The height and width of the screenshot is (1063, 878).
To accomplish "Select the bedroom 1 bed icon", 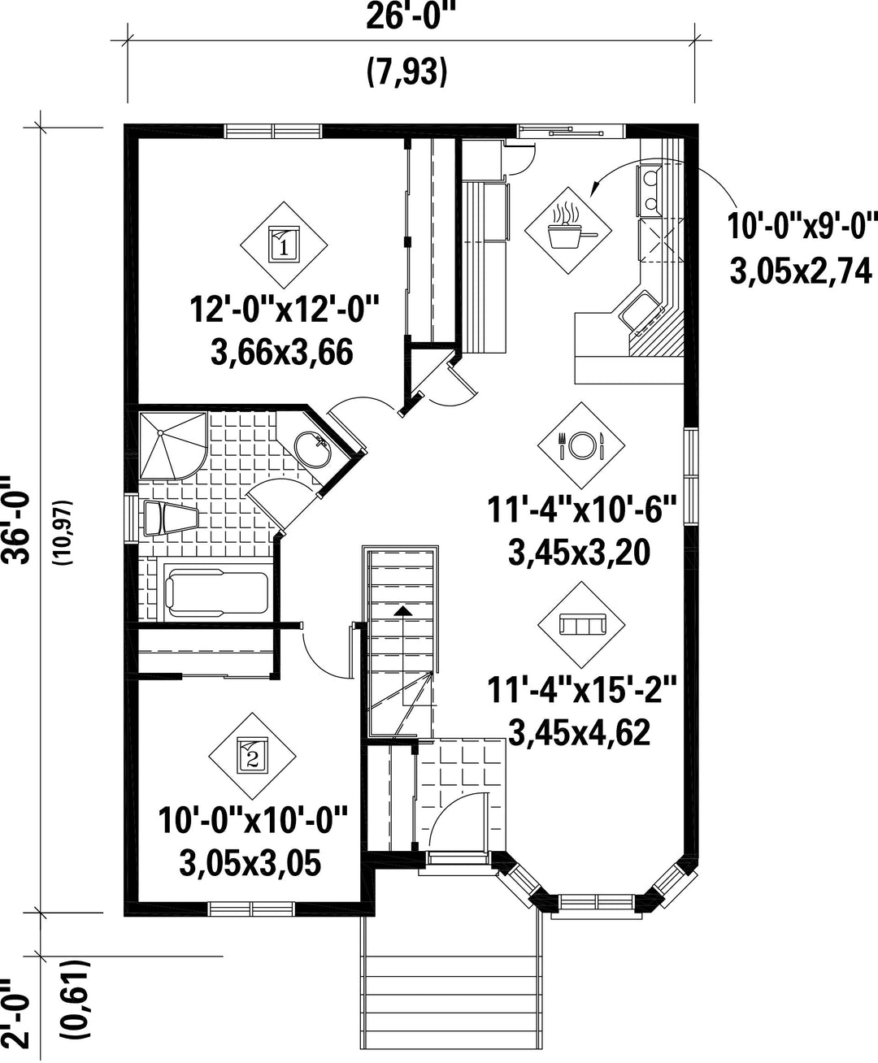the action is coord(284,245).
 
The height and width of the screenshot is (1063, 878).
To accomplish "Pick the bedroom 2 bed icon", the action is coord(253,756).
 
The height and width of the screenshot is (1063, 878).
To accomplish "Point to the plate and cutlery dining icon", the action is coord(581,445).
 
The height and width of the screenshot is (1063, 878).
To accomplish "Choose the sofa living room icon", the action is coord(581,624).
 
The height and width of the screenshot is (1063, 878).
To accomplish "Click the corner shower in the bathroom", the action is coord(173,446).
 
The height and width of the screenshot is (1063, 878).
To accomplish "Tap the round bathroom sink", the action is coord(312,449).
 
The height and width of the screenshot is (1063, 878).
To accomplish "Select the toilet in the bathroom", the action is coord(170,518).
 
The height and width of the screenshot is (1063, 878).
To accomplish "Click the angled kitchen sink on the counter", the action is coord(641,311).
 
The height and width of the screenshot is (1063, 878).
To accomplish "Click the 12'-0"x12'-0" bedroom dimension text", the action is coord(285,310).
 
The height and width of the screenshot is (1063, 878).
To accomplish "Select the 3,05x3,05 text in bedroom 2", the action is coord(250,863).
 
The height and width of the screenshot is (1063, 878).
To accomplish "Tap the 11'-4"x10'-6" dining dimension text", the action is coord(582,510).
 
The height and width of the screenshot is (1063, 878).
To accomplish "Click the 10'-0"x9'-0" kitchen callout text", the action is coord(802,226).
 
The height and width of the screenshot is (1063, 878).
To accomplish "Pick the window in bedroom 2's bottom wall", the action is coord(252,909).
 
